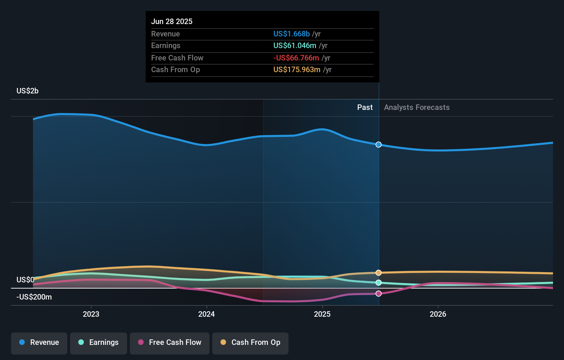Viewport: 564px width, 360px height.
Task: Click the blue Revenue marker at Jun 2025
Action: click(379, 145)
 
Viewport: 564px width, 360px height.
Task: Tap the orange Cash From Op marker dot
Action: click(379, 273)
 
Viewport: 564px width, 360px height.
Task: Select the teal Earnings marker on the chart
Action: click(379, 283)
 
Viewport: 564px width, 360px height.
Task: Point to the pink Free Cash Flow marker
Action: click(379, 294)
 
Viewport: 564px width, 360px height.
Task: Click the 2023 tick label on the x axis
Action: click(91, 314)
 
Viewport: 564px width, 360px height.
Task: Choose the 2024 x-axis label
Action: click(206, 314)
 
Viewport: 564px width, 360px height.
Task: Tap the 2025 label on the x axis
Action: click(322, 314)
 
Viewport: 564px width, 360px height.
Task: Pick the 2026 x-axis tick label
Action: click(438, 314)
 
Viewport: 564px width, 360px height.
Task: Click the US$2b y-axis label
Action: click(27, 91)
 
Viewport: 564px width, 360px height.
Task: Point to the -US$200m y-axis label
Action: click(34, 297)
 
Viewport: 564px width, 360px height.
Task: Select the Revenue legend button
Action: click(39, 342)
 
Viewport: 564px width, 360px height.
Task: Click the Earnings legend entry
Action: click(99, 342)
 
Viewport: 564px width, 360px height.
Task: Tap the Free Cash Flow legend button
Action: click(170, 342)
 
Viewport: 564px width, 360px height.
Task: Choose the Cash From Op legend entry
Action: click(250, 342)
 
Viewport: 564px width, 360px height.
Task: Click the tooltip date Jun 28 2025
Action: click(172, 21)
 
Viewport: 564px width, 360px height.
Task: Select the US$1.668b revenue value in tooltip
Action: click(291, 34)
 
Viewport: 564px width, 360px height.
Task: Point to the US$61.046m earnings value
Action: click(295, 46)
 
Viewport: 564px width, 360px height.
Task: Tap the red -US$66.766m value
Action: click(296, 58)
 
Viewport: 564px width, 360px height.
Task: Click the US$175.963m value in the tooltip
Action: click(297, 70)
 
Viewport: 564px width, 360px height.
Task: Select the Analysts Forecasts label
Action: click(417, 108)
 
